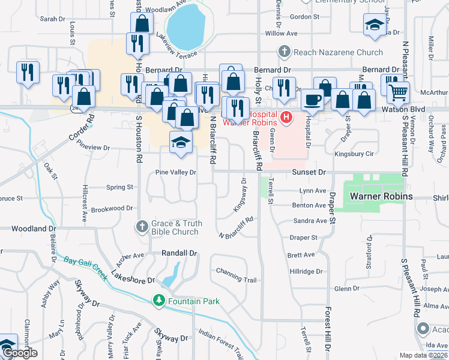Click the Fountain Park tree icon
tap(159, 299)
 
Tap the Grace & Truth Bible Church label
tap(175, 227)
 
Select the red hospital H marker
tap(286, 117)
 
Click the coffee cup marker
tap(312, 99)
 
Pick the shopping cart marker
tap(398, 93)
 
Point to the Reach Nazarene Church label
tap(338, 53)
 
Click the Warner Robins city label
tap(381, 197)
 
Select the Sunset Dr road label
tap(309, 172)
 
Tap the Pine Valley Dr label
tap(176, 172)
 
